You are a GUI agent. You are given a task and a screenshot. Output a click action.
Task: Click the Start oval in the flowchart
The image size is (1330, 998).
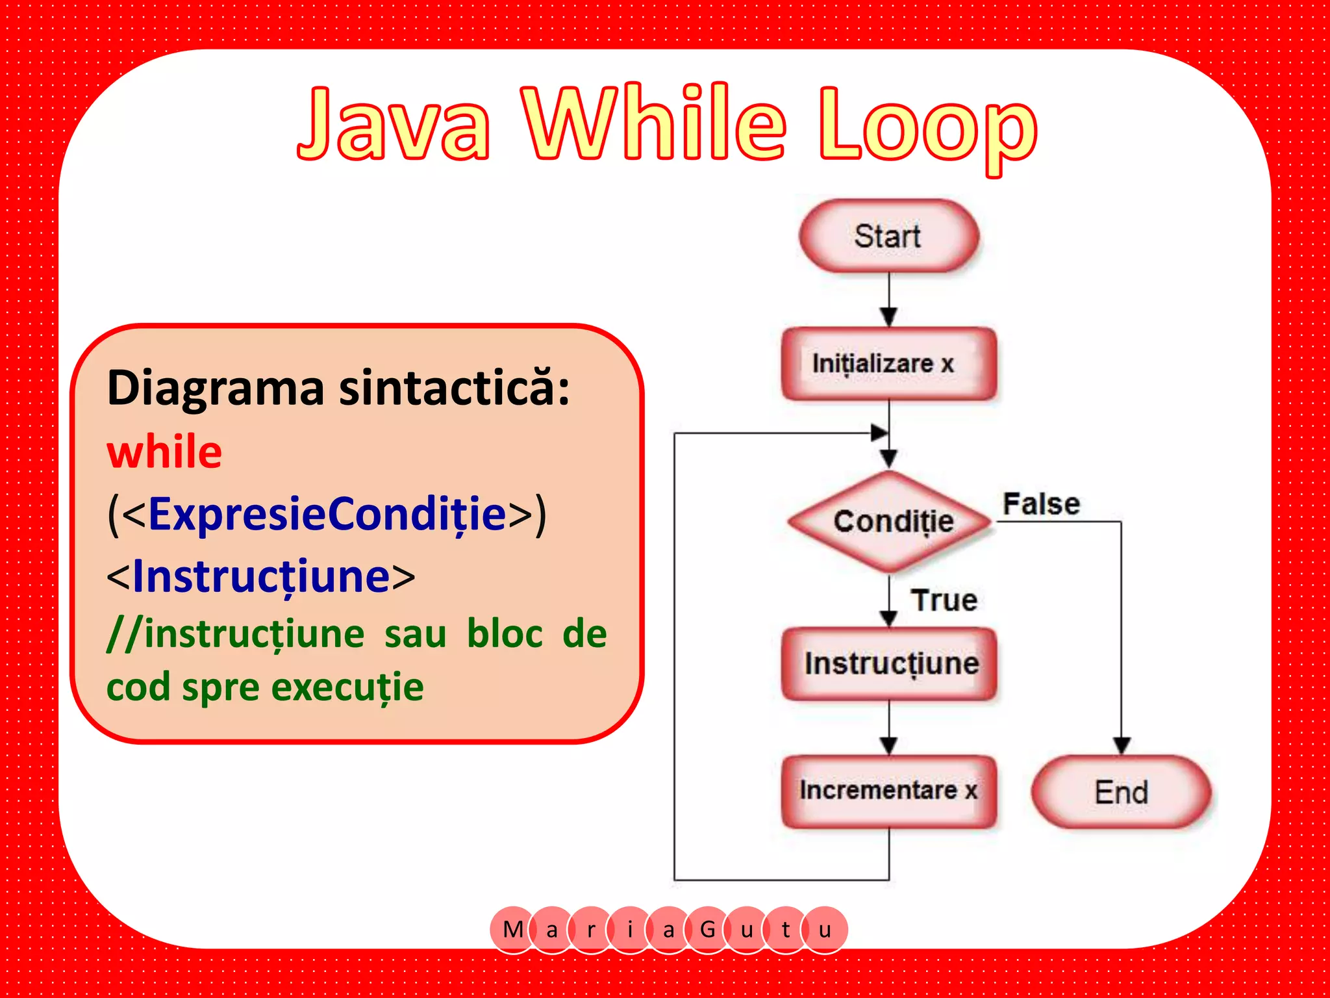click(888, 236)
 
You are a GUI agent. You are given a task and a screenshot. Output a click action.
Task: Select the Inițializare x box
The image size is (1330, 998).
click(888, 363)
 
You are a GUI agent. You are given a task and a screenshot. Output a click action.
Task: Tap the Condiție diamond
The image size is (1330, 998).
click(891, 521)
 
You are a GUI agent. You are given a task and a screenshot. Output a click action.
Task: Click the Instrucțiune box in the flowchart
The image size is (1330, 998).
click(890, 663)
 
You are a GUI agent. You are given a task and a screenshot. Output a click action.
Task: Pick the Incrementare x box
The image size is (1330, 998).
click(888, 791)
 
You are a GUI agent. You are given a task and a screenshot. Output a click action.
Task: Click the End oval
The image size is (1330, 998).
click(1121, 792)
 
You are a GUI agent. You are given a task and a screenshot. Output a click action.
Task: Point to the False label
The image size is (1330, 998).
click(1041, 504)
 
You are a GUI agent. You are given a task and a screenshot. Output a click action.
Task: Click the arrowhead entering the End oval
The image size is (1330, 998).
click(1122, 745)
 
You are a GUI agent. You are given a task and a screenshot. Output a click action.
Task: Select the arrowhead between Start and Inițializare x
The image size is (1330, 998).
click(889, 316)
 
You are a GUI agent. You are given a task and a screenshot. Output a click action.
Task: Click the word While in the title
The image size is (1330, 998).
click(656, 123)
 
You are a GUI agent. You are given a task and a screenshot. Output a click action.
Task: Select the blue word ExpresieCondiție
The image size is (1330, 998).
click(327, 513)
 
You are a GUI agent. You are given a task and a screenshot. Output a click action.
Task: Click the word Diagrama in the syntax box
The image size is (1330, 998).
click(215, 388)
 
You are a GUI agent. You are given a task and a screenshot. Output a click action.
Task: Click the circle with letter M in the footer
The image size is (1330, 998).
click(513, 929)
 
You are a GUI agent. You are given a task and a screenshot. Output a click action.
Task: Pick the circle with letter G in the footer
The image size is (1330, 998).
click(707, 929)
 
